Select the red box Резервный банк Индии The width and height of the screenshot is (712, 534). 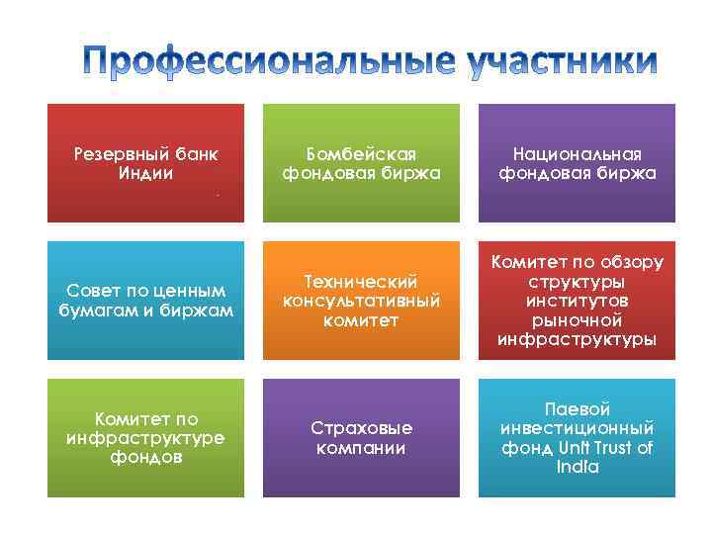[x=146, y=163]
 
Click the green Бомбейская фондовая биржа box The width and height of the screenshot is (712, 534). [x=362, y=163]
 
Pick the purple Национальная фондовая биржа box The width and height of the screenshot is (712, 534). [x=578, y=163]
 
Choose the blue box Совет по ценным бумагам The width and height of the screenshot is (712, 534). [x=146, y=301]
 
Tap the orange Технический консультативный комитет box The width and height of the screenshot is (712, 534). [x=362, y=301]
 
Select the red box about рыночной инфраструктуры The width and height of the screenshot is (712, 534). [x=578, y=301]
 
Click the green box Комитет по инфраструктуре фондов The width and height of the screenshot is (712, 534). [x=146, y=438]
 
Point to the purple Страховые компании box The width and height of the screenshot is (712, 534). [x=362, y=438]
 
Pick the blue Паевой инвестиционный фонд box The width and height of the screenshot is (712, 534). [x=578, y=438]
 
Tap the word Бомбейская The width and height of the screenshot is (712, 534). [x=362, y=154]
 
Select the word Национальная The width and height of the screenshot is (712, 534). [x=578, y=154]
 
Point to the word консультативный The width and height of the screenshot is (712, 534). [x=362, y=301]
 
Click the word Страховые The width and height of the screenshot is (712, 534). [x=362, y=428]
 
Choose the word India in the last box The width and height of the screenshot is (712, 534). [x=578, y=467]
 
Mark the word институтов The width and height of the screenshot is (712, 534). [x=578, y=301]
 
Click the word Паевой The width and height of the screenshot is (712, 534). [x=578, y=408]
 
